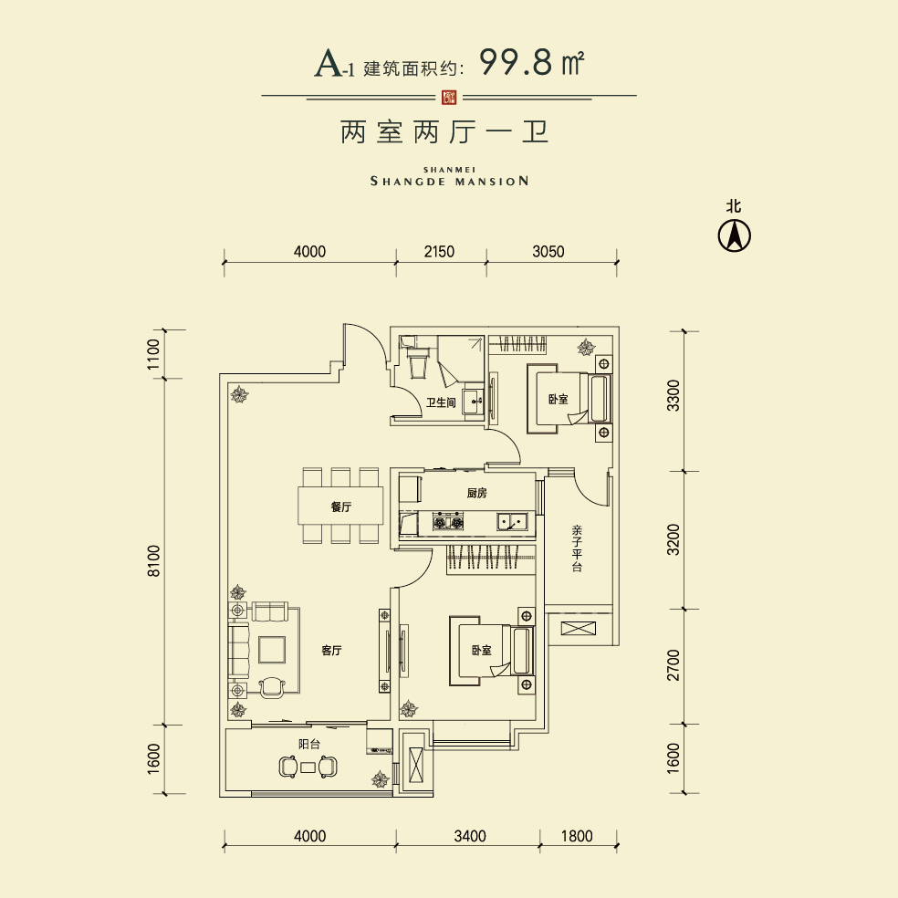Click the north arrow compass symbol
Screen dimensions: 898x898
pyautogui.click(x=735, y=235)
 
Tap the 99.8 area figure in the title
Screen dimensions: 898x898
pyautogui.click(x=516, y=62)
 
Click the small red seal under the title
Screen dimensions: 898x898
pyautogui.click(x=449, y=97)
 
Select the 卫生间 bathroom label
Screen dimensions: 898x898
pyautogui.click(x=441, y=402)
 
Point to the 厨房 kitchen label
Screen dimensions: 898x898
pyautogui.click(x=476, y=493)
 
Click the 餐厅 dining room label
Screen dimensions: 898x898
pyautogui.click(x=340, y=506)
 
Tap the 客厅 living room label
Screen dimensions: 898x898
pyautogui.click(x=331, y=651)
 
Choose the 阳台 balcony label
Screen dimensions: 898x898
pyautogui.click(x=309, y=744)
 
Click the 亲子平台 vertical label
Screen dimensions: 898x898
pyautogui.click(x=576, y=548)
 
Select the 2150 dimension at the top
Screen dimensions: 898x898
pyautogui.click(x=439, y=251)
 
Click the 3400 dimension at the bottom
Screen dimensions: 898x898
pyautogui.click(x=470, y=836)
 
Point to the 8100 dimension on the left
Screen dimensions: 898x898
pyautogui.click(x=154, y=560)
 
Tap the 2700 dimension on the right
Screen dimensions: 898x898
pyautogui.click(x=673, y=665)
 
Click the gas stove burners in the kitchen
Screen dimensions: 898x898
pyautogui.click(x=448, y=521)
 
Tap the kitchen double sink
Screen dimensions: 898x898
pyautogui.click(x=512, y=521)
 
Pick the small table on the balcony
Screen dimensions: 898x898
pyautogui.click(x=308, y=767)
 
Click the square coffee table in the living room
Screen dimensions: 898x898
pyautogui.click(x=272, y=650)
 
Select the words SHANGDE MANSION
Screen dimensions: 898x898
pyautogui.click(x=450, y=181)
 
